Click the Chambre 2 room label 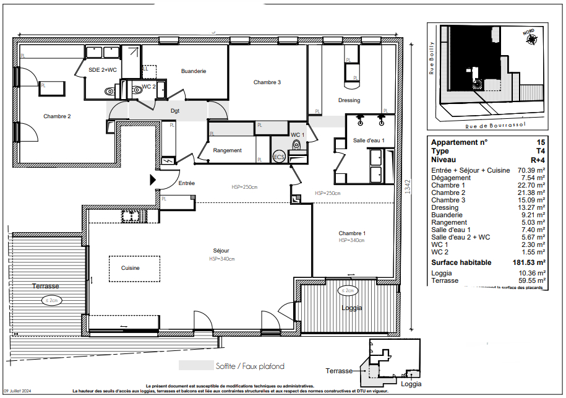coord(57,116)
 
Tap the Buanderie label coord(194,72)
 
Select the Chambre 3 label coord(267,82)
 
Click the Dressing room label coord(349,100)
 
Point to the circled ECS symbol coord(279,157)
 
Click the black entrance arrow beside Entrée coord(153,180)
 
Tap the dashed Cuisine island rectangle coord(130,268)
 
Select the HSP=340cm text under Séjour coord(221,259)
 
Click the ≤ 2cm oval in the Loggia coord(346,290)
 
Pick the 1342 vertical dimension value coord(407,187)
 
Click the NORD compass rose coord(530,38)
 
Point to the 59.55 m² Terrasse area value coord(531,280)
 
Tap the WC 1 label coord(298,134)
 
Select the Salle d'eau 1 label coord(369,141)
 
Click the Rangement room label coord(227,150)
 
